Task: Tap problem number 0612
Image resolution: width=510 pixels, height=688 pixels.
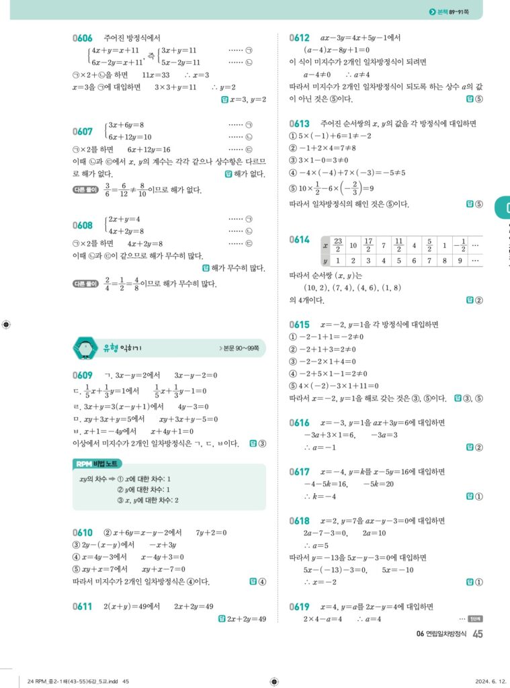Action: [x=300, y=38]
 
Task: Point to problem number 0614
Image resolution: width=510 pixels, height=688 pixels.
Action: [x=300, y=240]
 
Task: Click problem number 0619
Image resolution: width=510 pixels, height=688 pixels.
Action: [x=300, y=606]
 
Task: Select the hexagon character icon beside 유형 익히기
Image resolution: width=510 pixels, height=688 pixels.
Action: [x=85, y=347]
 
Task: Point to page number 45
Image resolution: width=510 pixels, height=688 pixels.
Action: [x=478, y=634]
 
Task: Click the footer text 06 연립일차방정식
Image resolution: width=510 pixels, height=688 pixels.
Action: [x=441, y=634]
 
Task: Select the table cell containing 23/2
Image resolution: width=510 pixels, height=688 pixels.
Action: [x=338, y=245]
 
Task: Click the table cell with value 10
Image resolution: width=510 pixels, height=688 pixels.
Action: [x=353, y=245]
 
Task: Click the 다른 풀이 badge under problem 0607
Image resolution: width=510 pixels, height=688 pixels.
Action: [x=85, y=190]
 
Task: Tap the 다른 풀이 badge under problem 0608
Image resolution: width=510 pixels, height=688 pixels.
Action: [x=85, y=284]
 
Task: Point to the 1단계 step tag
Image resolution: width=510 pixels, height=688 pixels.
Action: [x=475, y=619]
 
